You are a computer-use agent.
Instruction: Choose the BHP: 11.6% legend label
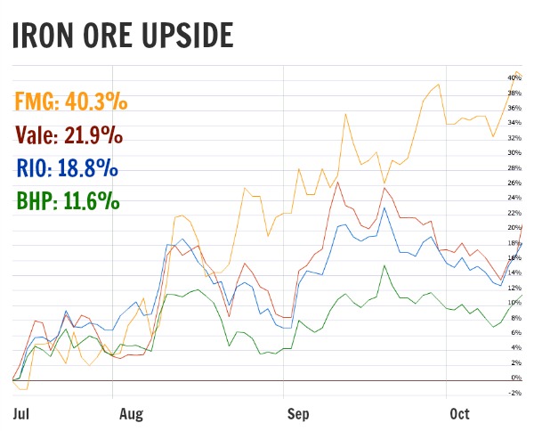point(68,200)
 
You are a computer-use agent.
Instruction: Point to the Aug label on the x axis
point(131,414)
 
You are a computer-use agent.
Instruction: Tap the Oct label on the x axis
point(459,414)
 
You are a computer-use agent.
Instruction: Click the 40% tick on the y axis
point(514,78)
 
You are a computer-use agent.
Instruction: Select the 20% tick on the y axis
point(514,228)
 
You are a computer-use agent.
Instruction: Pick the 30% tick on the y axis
point(514,153)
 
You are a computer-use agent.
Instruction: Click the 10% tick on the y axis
point(514,303)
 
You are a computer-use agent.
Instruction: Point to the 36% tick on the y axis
point(514,108)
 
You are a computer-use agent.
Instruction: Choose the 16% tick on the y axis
point(514,258)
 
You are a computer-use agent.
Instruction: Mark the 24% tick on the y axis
point(514,198)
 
